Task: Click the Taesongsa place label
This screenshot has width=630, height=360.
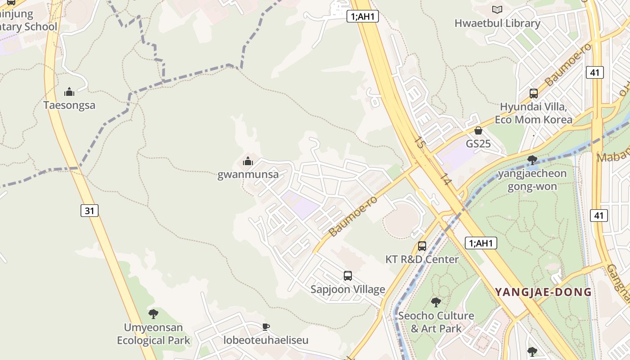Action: click(x=69, y=105)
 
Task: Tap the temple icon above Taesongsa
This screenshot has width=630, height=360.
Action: click(x=69, y=92)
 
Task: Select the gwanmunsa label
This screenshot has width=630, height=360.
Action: click(x=248, y=175)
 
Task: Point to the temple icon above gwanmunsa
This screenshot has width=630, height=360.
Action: click(x=248, y=161)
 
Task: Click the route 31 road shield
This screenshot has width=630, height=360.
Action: click(x=90, y=210)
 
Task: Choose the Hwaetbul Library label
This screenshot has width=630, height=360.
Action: click(x=497, y=23)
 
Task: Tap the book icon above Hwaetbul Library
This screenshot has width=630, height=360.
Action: click(x=497, y=9)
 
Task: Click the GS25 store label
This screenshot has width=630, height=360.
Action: click(x=478, y=144)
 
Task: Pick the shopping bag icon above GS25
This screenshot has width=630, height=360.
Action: click(x=478, y=130)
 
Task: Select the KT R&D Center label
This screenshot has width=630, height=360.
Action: click(x=422, y=259)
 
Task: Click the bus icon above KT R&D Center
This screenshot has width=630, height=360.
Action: click(x=422, y=246)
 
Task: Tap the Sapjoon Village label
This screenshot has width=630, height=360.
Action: click(x=348, y=289)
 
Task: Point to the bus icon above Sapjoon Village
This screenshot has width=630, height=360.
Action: click(x=348, y=276)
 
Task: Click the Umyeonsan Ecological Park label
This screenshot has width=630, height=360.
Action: click(x=154, y=334)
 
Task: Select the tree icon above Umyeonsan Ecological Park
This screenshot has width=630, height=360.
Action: click(x=153, y=314)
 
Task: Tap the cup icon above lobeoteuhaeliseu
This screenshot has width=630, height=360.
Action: click(x=266, y=327)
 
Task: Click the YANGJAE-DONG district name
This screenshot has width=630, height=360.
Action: click(x=544, y=292)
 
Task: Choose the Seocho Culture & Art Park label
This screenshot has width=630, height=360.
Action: click(x=436, y=322)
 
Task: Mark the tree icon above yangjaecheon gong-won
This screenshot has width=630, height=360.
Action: click(x=532, y=160)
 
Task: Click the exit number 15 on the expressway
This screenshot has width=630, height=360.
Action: click(x=420, y=143)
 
